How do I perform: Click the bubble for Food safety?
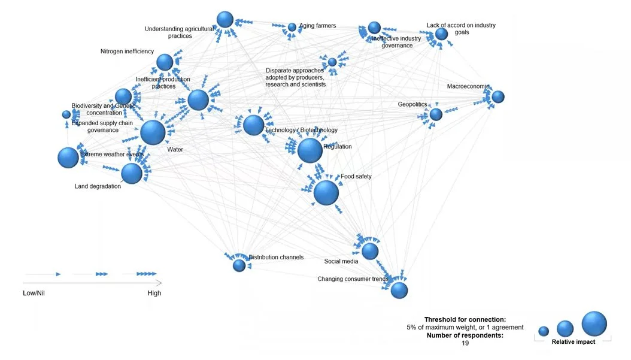(326, 193)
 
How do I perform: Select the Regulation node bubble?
(310, 150)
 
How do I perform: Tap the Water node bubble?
(153, 132)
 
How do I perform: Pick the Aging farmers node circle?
(292, 27)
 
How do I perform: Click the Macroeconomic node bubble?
(497, 96)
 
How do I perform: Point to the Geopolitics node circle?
(436, 114)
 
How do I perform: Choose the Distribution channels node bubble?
(239, 265)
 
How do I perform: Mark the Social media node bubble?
(370, 251)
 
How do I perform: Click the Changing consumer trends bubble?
(399, 291)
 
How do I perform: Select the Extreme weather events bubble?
(68, 158)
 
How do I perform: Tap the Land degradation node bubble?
(132, 174)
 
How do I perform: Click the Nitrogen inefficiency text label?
(127, 52)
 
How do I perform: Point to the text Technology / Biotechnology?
(301, 130)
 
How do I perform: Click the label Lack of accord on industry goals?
(461, 29)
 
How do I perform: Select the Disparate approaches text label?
(295, 77)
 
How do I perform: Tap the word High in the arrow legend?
(154, 293)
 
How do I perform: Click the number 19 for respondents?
(465, 343)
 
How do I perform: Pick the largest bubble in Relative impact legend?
(594, 324)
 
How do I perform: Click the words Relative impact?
(573, 342)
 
